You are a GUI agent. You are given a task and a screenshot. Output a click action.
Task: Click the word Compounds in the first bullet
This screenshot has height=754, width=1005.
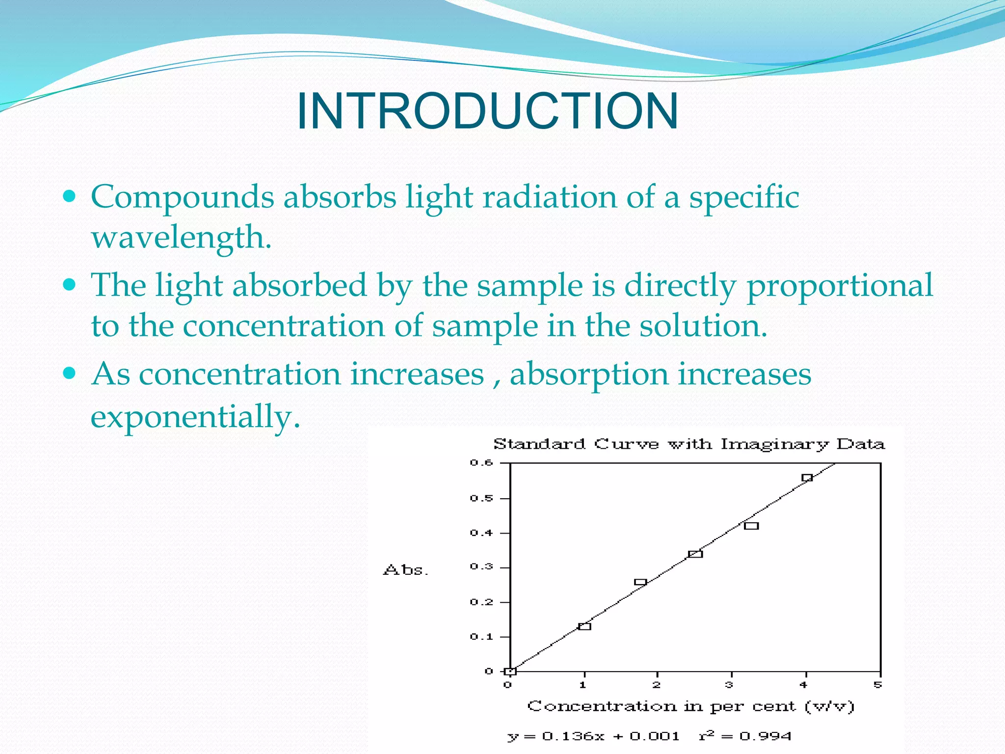(x=182, y=197)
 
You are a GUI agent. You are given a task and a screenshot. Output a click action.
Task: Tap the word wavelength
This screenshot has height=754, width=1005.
(x=181, y=238)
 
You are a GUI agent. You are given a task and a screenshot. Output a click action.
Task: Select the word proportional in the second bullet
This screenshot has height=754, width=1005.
(x=839, y=286)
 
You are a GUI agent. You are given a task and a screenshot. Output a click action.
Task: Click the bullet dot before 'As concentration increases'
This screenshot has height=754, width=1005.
(x=70, y=373)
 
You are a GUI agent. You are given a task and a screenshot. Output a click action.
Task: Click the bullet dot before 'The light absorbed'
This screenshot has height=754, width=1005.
(x=70, y=284)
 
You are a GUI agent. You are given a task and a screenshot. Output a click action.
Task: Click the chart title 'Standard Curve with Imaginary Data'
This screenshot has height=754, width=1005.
(x=688, y=444)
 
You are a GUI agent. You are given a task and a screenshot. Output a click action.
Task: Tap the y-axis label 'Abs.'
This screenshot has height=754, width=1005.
(x=405, y=570)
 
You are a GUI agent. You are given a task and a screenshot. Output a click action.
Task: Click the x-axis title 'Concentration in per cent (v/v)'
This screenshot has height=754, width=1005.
(x=690, y=706)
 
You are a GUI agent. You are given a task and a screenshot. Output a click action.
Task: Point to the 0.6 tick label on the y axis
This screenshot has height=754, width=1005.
(x=481, y=462)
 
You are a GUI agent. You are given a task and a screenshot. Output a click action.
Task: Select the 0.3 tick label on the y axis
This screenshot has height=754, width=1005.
(x=481, y=567)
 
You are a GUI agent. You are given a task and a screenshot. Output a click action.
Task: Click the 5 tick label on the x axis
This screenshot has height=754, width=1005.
(x=878, y=685)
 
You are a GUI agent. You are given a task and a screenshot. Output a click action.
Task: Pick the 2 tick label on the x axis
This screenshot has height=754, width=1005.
(x=657, y=685)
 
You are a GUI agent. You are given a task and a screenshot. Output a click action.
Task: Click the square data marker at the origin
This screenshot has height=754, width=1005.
(x=510, y=671)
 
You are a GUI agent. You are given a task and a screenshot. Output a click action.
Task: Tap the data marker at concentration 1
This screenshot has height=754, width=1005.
(x=584, y=626)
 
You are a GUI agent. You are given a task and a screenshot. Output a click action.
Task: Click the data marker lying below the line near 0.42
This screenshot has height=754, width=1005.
(x=751, y=526)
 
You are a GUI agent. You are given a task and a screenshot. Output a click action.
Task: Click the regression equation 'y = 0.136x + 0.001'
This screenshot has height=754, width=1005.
(x=593, y=736)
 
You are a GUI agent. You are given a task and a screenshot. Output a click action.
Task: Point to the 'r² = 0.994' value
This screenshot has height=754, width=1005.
(x=745, y=736)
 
